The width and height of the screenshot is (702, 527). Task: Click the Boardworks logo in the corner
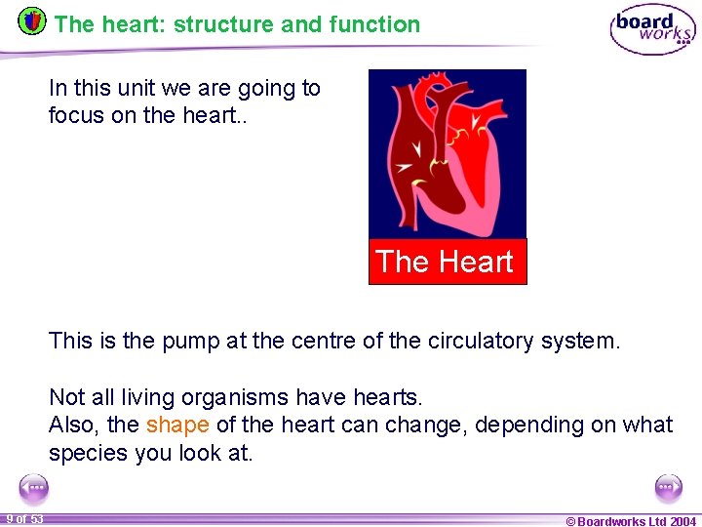(652, 29)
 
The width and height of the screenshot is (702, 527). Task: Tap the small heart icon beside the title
(32, 20)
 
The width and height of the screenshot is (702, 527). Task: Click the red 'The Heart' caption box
(447, 262)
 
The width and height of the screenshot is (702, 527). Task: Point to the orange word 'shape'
(177, 426)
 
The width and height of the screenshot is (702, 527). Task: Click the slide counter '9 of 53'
(24, 519)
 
